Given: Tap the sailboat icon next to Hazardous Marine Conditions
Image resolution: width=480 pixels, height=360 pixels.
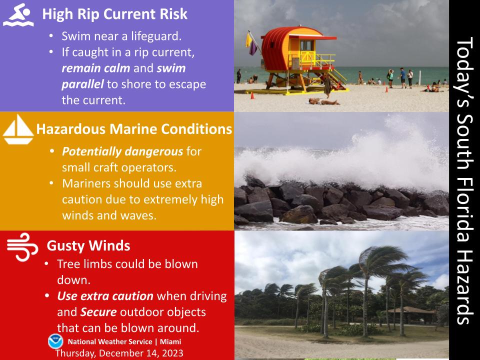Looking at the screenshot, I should [18, 129].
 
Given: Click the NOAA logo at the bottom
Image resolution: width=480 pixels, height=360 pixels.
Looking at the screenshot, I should [55, 341].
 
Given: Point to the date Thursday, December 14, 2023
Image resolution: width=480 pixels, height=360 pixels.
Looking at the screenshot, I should [119, 352].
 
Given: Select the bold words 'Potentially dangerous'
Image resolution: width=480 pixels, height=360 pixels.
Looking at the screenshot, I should [123, 151].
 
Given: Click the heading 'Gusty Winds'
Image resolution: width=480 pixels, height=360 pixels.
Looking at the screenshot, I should [88, 246].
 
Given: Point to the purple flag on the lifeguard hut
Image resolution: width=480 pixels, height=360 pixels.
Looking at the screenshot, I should [253, 48].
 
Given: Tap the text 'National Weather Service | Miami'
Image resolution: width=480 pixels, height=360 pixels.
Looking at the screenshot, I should [124, 342].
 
